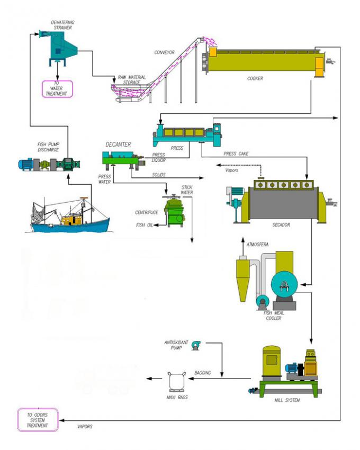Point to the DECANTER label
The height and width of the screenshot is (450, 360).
click(x=118, y=144)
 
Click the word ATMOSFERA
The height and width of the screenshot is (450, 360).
click(x=259, y=245)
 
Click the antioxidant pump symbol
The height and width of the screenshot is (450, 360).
click(x=196, y=345)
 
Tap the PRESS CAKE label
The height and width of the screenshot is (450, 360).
click(x=236, y=154)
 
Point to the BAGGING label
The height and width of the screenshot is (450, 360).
click(x=203, y=373)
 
